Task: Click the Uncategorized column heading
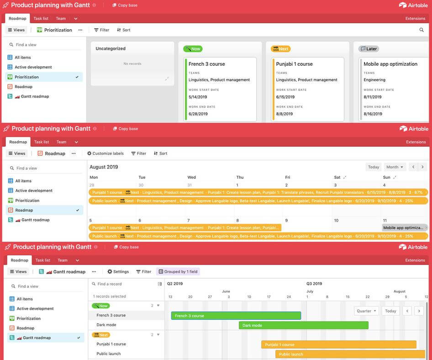111,48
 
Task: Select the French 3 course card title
206,64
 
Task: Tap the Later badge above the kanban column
369,49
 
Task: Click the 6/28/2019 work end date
198,114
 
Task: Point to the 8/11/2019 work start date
373,97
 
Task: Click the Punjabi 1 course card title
294,64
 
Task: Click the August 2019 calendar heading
104,167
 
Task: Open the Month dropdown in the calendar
395,167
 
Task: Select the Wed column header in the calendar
191,177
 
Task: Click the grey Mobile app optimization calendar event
404,228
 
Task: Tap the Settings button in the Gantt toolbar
118,272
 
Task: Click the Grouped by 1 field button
178,272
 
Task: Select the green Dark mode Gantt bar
303,325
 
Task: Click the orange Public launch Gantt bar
350,354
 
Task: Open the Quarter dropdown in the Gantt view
367,311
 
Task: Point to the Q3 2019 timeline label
315,284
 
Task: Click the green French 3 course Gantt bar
236,316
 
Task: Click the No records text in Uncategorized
132,64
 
